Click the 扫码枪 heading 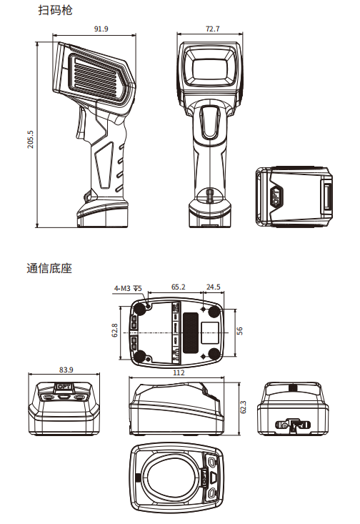pyautogui.click(x=55, y=10)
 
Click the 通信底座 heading pyautogui.click(x=49, y=268)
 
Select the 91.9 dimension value pyautogui.click(x=101, y=29)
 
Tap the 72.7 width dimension pyautogui.click(x=212, y=29)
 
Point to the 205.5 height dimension pyautogui.click(x=31, y=139)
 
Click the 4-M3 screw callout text pyautogui.click(x=128, y=288)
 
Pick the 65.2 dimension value pyautogui.click(x=178, y=287)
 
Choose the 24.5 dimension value pyautogui.click(x=213, y=287)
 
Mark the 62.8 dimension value pyautogui.click(x=114, y=330)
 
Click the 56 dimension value pyautogui.click(x=239, y=331)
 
